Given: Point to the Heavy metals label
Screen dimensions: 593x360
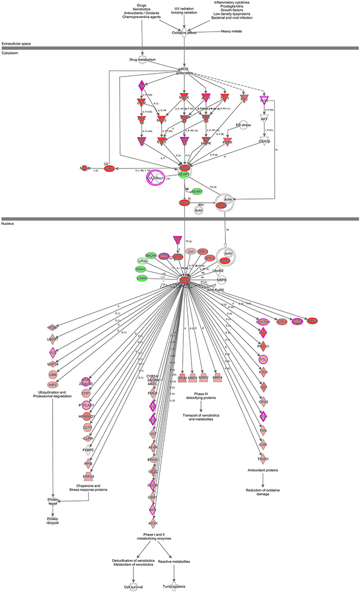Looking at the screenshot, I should click(232, 32).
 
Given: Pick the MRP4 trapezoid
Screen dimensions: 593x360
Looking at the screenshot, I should click(218, 377).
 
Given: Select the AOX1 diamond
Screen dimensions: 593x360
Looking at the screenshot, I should click(152, 523).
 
